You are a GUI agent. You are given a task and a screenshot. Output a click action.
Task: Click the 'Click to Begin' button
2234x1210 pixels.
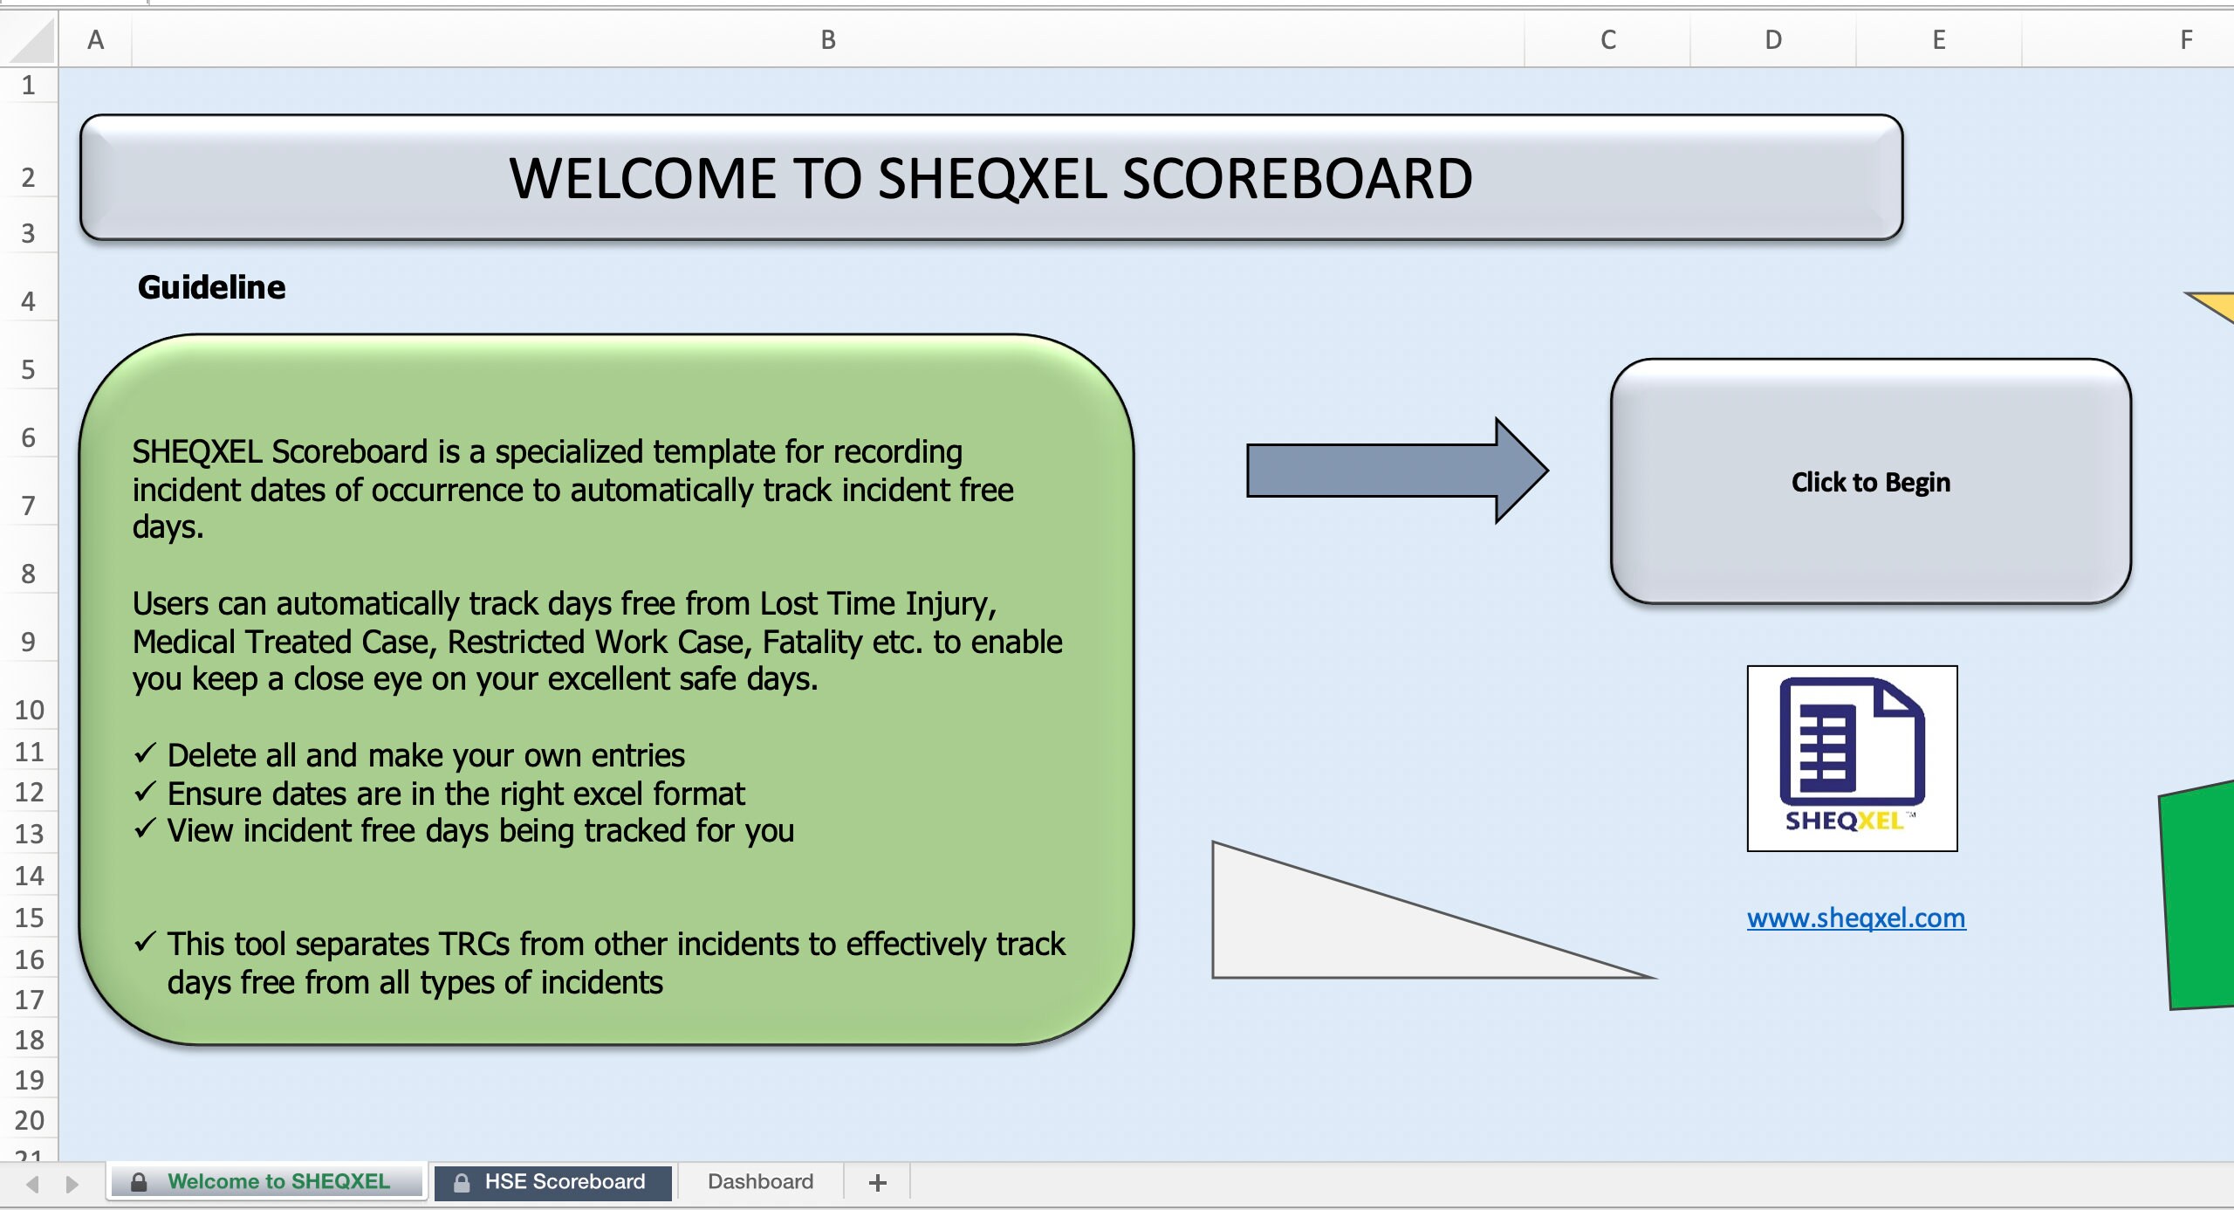[1870, 482]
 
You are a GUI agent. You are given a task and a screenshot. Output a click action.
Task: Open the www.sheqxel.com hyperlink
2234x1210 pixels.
[1856, 918]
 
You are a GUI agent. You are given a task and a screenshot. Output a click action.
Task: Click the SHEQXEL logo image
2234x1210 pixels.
[1852, 758]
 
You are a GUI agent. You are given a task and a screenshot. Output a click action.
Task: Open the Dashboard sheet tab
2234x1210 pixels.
[760, 1182]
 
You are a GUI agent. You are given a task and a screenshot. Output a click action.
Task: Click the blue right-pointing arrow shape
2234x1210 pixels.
[1396, 471]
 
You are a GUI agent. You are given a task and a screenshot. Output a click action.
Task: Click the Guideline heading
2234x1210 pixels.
[211, 287]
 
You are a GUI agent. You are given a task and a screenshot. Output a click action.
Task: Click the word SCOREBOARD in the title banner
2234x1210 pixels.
[1297, 179]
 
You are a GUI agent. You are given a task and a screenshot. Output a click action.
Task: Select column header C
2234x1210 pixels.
[1607, 39]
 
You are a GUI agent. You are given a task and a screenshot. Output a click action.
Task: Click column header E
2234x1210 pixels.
[1938, 39]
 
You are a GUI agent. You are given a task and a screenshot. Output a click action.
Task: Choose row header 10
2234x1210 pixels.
[29, 710]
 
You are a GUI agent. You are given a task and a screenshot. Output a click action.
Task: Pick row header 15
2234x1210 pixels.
[29, 918]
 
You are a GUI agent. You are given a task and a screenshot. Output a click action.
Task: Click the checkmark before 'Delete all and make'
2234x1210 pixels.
[145, 753]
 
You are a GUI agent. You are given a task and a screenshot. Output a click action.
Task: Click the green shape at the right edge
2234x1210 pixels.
[2199, 899]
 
